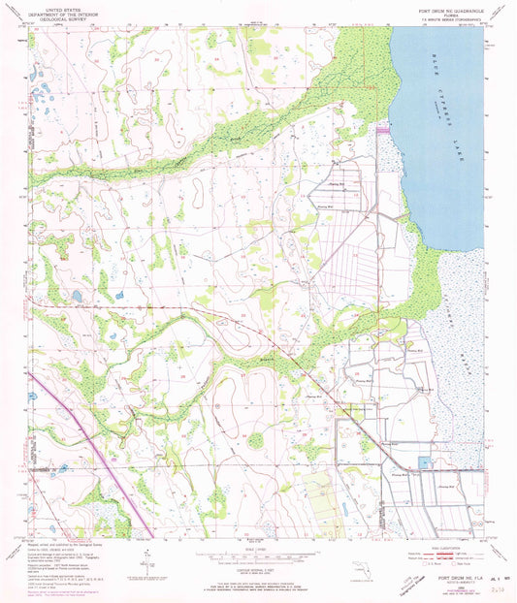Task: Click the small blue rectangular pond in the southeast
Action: (422, 464)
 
